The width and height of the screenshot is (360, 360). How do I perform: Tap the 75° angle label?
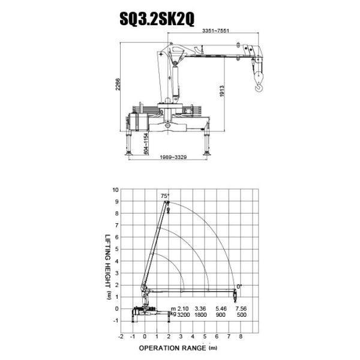pyautogui.click(x=166, y=196)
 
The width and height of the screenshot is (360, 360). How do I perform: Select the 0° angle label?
pyautogui.click(x=239, y=286)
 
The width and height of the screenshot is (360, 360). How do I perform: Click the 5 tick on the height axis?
pyautogui.click(x=115, y=249)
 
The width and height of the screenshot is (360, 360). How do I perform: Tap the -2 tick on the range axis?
pyautogui.click(x=121, y=337)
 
